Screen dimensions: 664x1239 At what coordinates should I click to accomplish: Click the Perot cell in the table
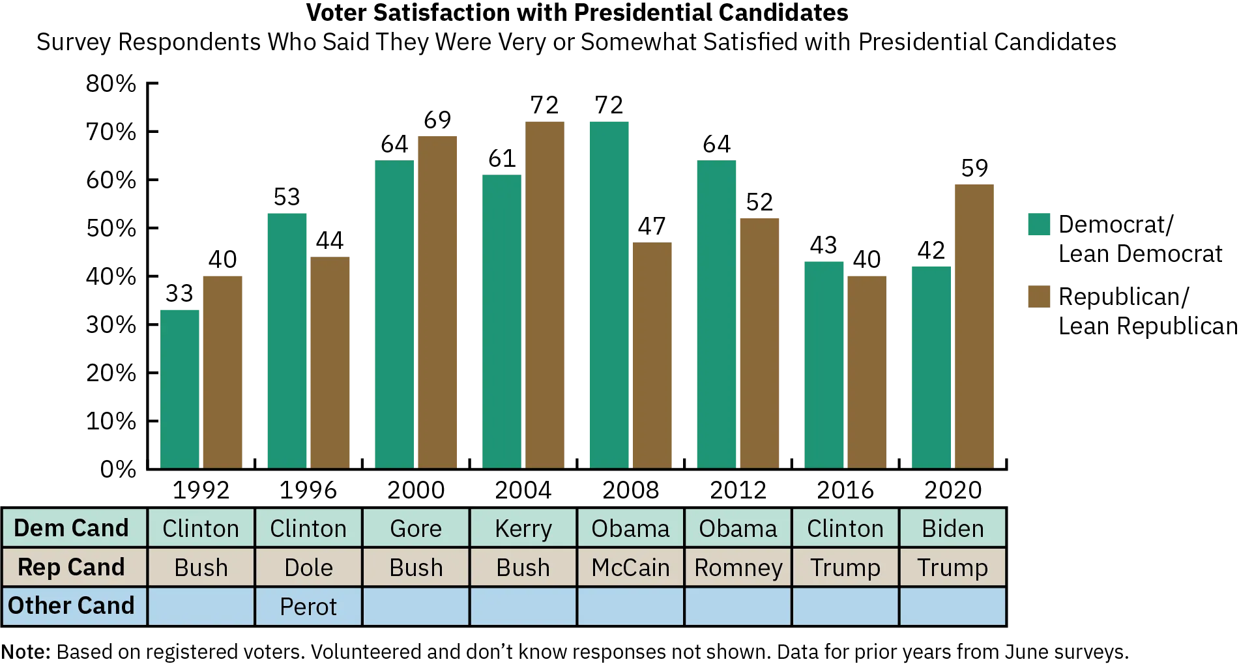click(x=308, y=606)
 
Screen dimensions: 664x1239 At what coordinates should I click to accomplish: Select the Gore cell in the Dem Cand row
click(x=416, y=528)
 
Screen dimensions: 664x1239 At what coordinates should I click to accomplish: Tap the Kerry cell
click(x=523, y=528)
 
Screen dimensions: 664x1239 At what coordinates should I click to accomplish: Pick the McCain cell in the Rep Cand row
click(x=630, y=567)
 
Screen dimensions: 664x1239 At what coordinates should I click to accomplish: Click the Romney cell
click(x=738, y=567)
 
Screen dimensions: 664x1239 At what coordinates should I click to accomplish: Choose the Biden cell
click(x=952, y=528)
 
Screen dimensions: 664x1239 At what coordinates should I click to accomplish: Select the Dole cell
click(x=308, y=567)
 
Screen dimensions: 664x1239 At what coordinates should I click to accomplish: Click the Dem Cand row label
click(x=72, y=528)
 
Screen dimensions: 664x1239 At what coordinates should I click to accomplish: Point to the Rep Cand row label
click(x=72, y=567)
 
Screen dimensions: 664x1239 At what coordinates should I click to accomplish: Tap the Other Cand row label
click(x=72, y=605)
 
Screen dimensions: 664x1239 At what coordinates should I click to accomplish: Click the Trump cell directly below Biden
click(x=952, y=567)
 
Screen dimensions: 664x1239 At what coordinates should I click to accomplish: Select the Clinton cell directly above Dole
click(x=308, y=528)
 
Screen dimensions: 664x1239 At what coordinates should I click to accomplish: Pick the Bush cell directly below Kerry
click(x=523, y=567)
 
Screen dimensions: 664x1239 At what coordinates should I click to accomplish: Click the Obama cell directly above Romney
click(x=738, y=528)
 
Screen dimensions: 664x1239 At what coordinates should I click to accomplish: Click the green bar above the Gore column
click(x=394, y=313)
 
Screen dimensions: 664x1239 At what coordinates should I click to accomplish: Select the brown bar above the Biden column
click(x=974, y=326)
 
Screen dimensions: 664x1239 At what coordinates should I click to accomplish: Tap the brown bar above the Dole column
click(x=330, y=362)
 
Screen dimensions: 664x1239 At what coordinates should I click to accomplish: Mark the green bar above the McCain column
click(x=609, y=293)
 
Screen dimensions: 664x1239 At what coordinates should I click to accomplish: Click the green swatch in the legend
click(x=1040, y=224)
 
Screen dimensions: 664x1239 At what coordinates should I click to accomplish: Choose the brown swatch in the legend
click(x=1040, y=295)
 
